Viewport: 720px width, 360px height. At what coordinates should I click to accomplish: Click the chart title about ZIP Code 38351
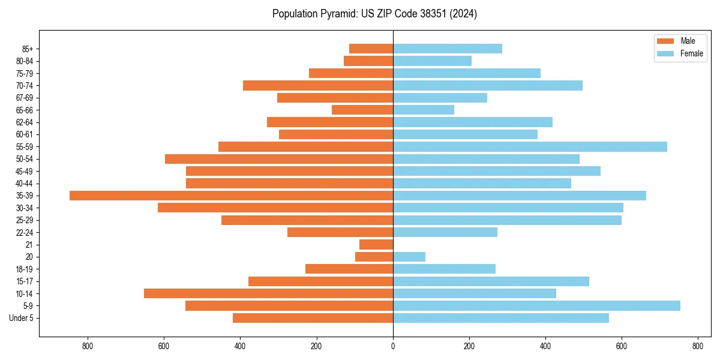374,14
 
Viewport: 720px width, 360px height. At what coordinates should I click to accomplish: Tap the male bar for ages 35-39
231,196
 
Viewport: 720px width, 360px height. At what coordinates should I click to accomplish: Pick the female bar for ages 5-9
536,305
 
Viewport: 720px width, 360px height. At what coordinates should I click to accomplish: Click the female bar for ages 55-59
530,146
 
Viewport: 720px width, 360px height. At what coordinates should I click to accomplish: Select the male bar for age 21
376,244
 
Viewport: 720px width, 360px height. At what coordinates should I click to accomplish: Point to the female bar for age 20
409,257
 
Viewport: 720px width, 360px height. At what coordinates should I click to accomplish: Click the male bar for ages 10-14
268,293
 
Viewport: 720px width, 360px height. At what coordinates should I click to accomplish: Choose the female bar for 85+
448,49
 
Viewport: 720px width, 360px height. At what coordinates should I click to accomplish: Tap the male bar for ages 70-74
318,85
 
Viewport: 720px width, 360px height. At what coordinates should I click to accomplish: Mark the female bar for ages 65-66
424,110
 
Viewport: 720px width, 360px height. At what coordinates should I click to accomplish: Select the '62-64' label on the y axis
25,122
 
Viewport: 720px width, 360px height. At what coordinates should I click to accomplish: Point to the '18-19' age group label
25,269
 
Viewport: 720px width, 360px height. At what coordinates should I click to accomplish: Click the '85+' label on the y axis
28,49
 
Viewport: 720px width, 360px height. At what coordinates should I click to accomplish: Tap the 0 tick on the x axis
393,346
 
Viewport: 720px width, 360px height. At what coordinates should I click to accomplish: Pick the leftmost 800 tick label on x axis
88,346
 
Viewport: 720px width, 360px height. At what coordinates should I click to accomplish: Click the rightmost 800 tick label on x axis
697,346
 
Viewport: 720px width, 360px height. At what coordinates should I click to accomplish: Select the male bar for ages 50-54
279,159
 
